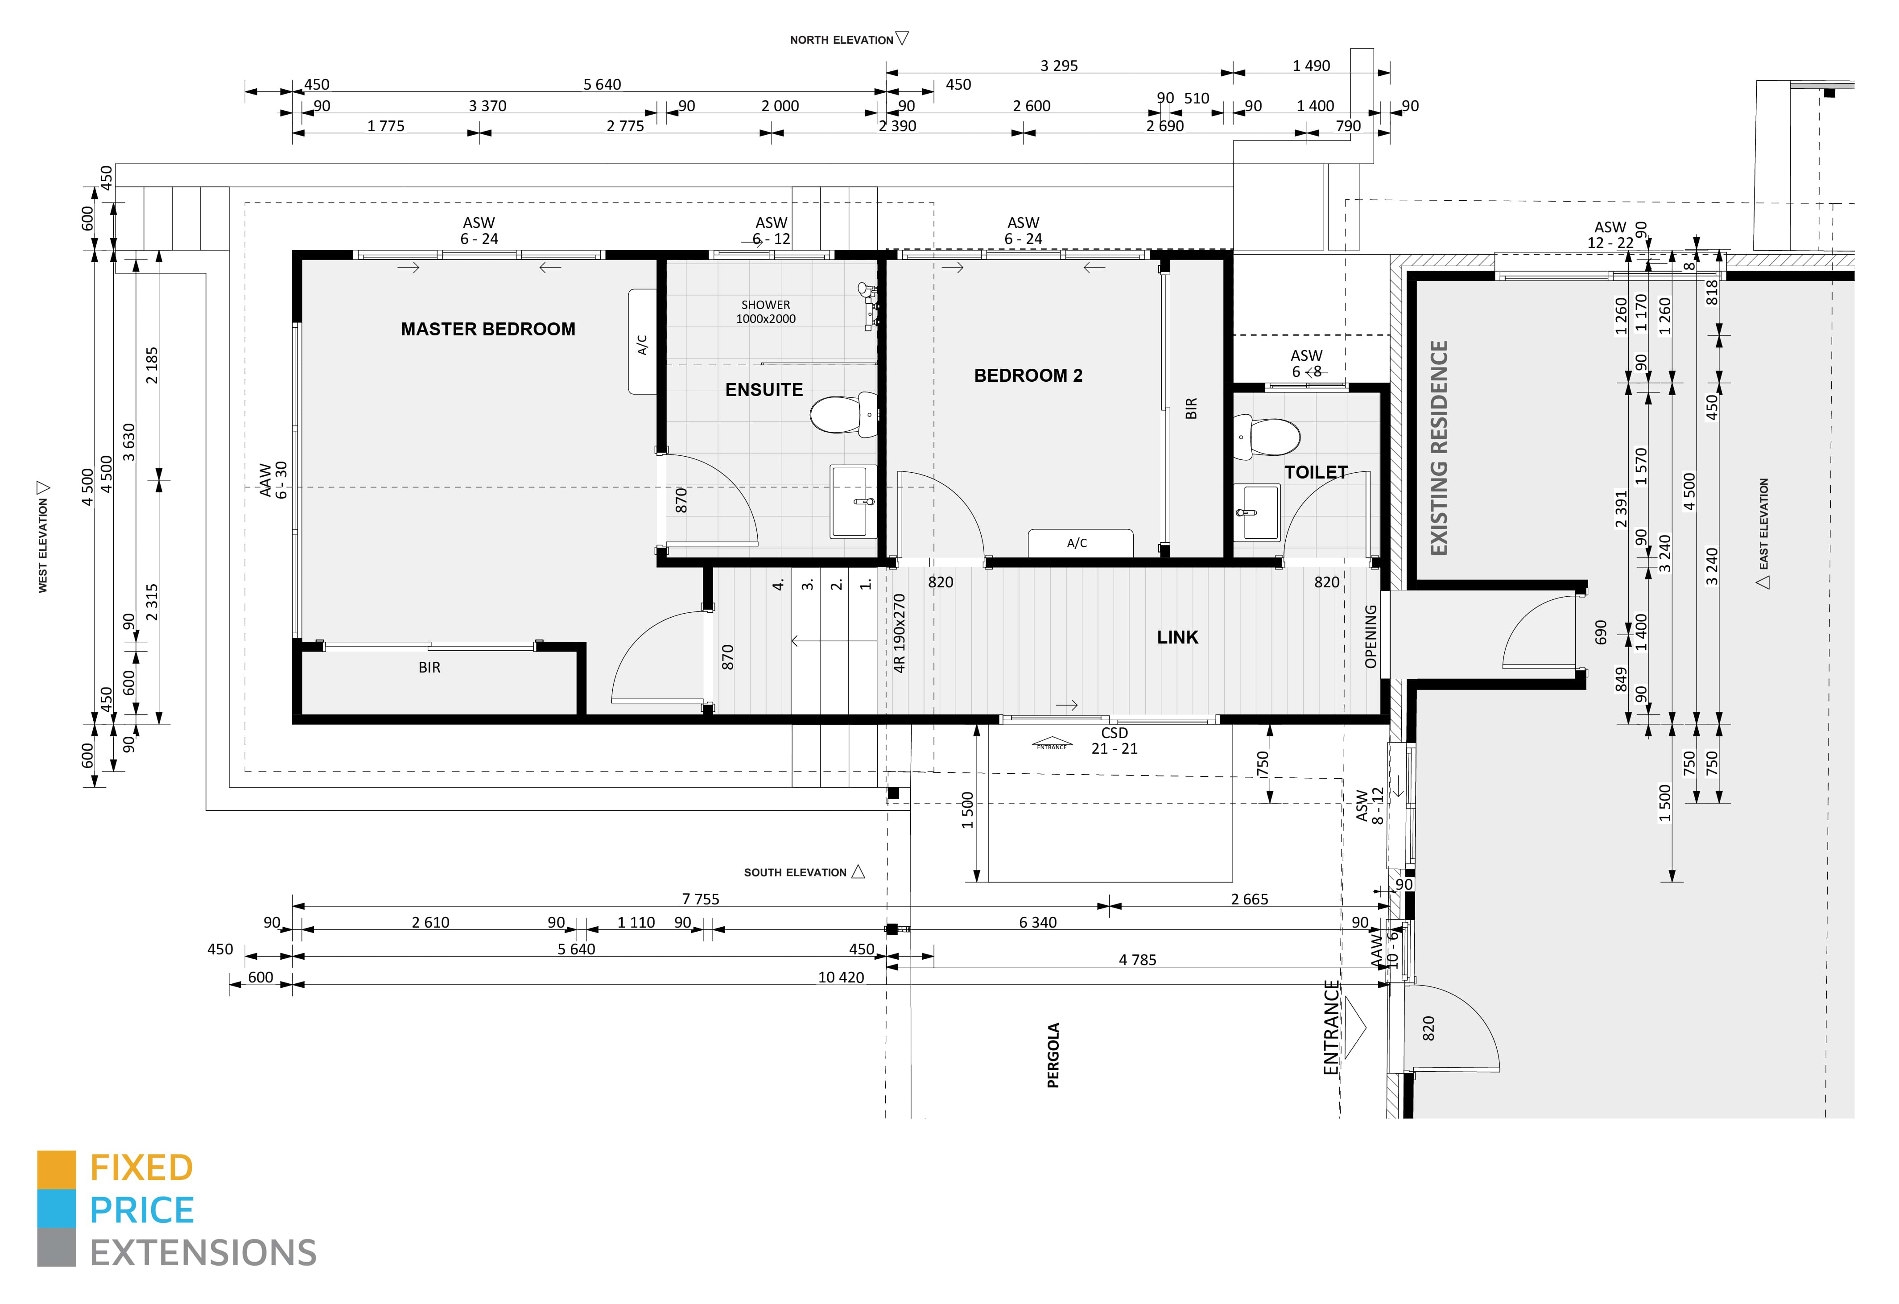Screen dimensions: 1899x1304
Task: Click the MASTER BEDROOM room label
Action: pos(488,329)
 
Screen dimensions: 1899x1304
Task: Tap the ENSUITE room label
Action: pos(764,390)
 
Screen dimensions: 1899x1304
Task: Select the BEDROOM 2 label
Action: pos(1028,376)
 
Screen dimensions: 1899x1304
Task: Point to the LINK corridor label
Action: pos(1177,637)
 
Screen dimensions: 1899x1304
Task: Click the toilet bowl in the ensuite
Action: pos(842,414)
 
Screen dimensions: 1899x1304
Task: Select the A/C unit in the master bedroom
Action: pos(642,342)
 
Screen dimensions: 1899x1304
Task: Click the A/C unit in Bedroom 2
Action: pos(1080,543)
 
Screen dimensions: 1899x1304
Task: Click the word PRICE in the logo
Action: pos(142,1211)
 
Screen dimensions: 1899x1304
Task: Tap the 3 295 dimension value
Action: pos(1059,66)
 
